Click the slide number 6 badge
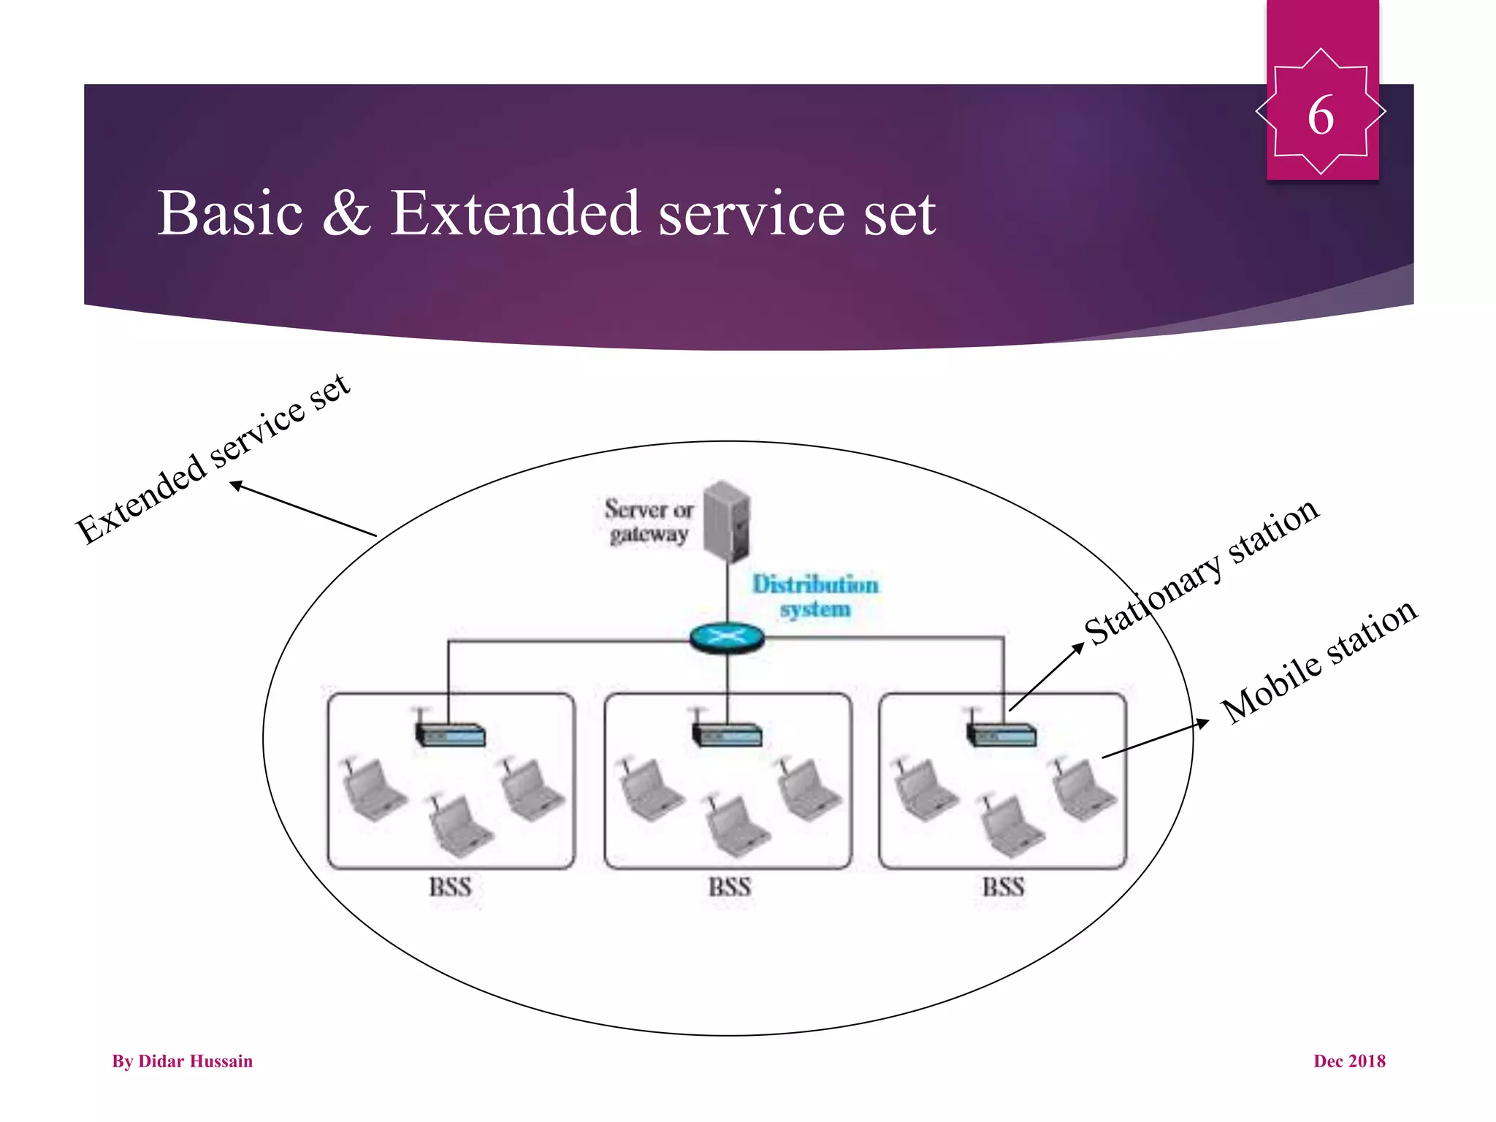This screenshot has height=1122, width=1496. pos(1321,113)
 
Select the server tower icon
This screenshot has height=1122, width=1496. pos(727,520)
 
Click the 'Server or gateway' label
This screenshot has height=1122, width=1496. pos(648,521)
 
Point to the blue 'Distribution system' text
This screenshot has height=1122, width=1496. pos(815,596)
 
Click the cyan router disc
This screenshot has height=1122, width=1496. pos(727,638)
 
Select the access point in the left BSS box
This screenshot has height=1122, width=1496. pos(450,733)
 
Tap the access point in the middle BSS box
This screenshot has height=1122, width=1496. pos(727,733)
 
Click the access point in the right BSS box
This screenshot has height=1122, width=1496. pos(1001,733)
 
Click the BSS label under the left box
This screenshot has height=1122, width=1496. pos(450,887)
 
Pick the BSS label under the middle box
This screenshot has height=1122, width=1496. pos(729,887)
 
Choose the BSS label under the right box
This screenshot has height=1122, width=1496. pos(1003,887)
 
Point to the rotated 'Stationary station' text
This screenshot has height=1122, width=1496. pos(1201,572)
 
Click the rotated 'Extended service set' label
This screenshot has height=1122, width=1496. pos(213,459)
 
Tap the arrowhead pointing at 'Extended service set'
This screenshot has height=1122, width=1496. pos(236,484)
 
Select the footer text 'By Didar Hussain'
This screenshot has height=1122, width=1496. pos(182,1061)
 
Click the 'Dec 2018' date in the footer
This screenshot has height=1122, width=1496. pos(1348,1061)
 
